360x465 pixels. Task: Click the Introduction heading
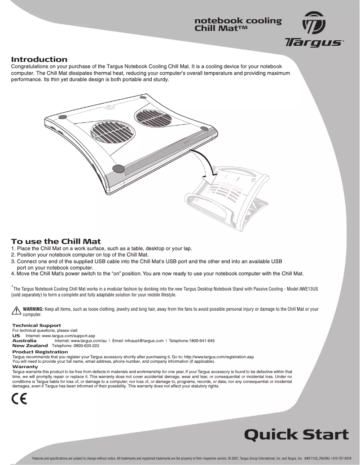(x=39, y=59)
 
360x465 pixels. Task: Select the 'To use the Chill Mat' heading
(x=56, y=241)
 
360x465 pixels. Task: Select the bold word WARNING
(x=33, y=309)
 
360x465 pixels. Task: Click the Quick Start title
(x=296, y=434)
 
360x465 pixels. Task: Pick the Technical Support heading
(x=36, y=325)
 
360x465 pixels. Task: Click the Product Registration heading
(x=40, y=352)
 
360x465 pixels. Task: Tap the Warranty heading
(x=25, y=367)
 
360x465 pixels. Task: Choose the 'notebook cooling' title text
(x=237, y=21)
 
